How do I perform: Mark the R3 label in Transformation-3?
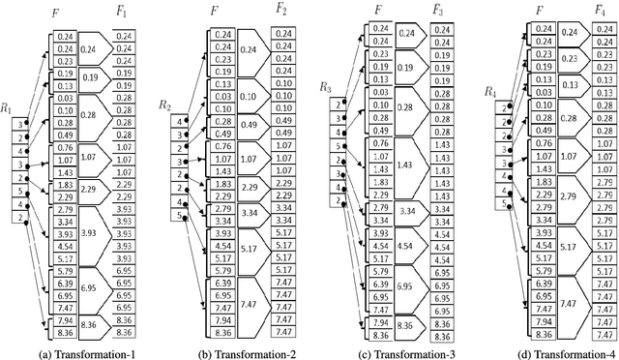click(x=326, y=87)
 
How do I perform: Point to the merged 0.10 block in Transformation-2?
click(x=247, y=96)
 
